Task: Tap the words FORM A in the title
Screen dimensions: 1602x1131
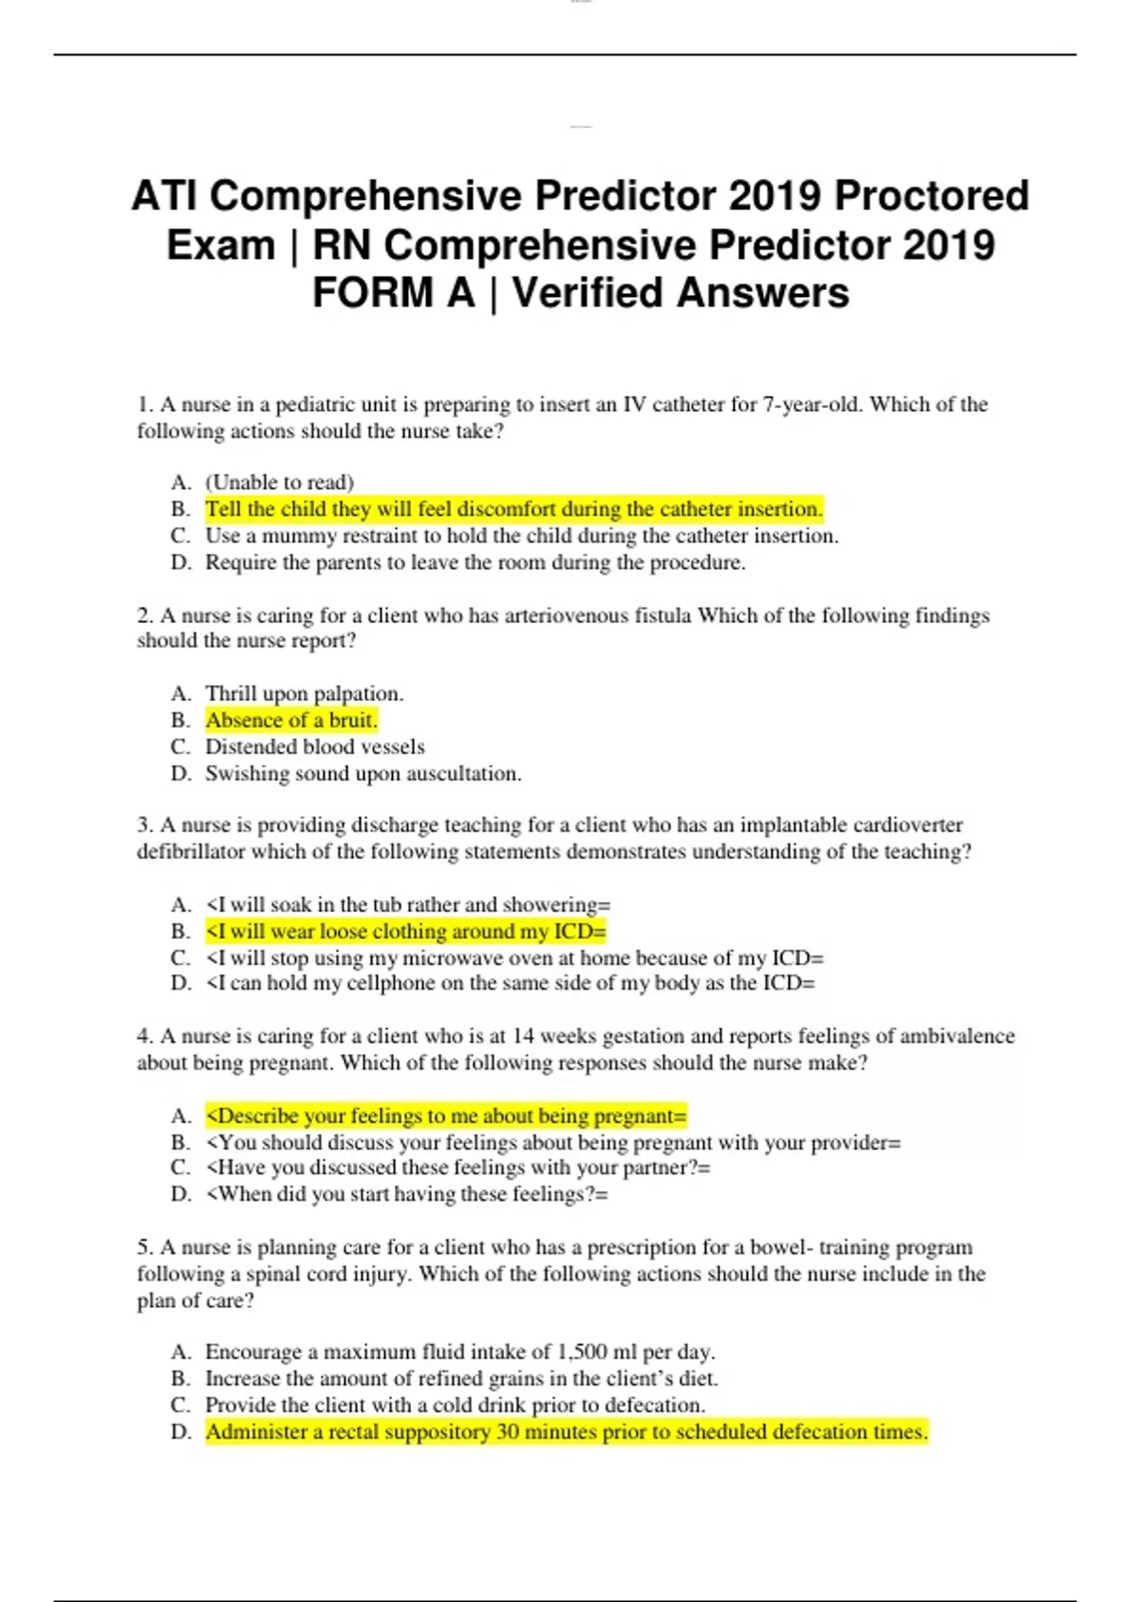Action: click(x=393, y=292)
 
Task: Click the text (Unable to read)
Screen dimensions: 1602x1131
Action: click(x=279, y=482)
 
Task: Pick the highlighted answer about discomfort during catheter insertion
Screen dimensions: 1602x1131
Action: click(x=514, y=510)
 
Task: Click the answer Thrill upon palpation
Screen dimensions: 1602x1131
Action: click(x=303, y=694)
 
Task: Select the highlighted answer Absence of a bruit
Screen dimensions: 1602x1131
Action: click(x=291, y=721)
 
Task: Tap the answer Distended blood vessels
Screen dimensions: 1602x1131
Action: click(x=315, y=747)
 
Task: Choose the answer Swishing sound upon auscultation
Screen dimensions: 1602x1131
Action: click(x=363, y=774)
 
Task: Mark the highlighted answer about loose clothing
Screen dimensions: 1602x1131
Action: click(x=405, y=932)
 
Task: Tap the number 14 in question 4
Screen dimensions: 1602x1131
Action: click(x=523, y=1037)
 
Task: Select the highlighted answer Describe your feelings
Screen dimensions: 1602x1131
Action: click(x=446, y=1117)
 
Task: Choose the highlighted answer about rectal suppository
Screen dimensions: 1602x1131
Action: click(x=566, y=1432)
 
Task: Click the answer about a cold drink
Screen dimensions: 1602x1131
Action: click(x=454, y=1405)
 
